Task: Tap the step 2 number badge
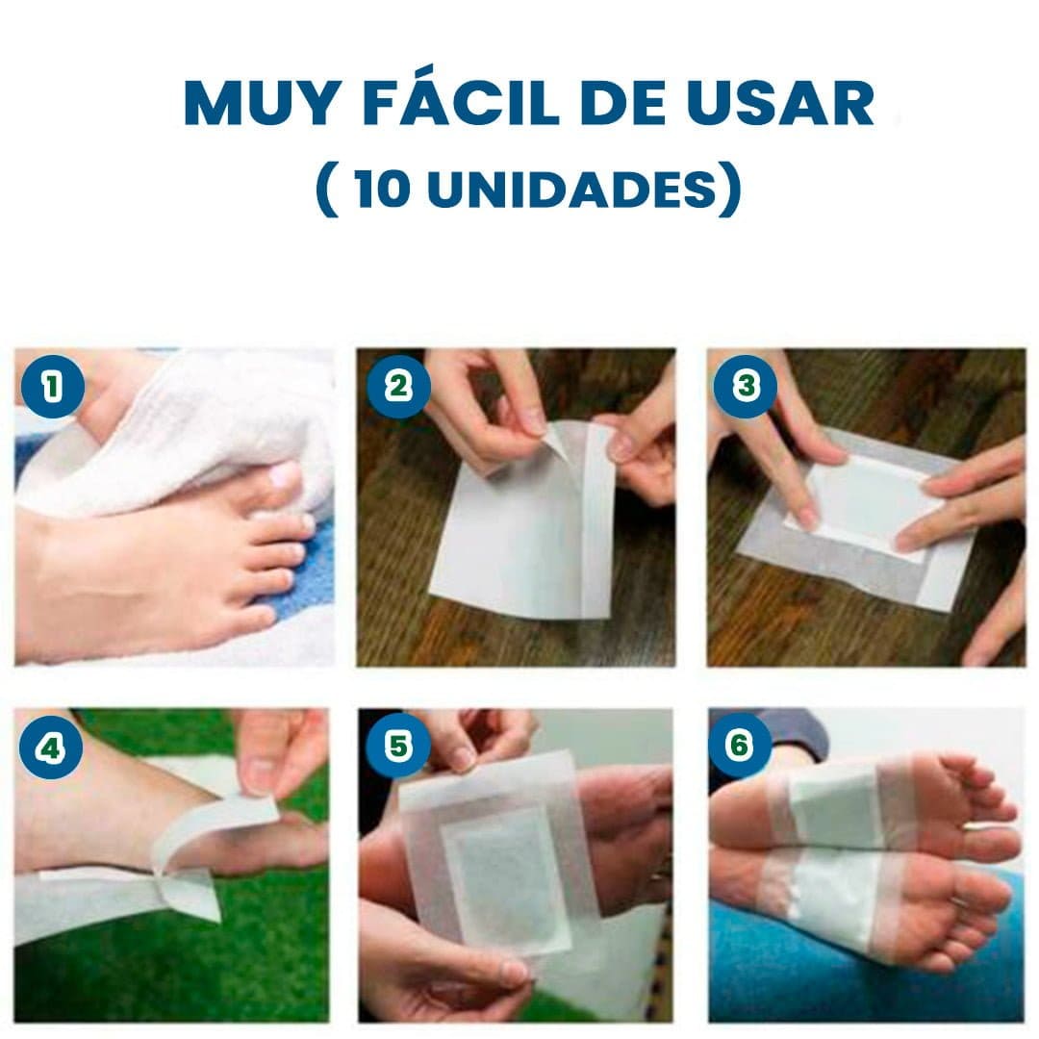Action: click(x=397, y=387)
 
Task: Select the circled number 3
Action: click(x=744, y=387)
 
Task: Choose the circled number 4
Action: click(x=49, y=747)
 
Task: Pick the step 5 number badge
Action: click(x=396, y=747)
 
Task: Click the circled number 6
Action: click(x=739, y=747)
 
